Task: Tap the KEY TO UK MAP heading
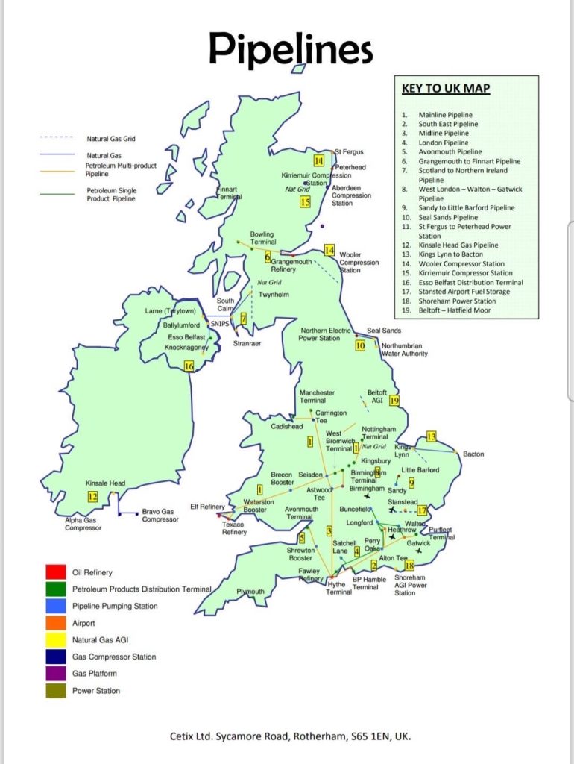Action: (x=446, y=88)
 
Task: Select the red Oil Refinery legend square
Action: (x=55, y=572)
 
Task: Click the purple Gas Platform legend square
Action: (x=55, y=673)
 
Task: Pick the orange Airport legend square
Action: (x=55, y=622)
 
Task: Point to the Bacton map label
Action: (x=473, y=454)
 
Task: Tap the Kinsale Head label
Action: (x=105, y=483)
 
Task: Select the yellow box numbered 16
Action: (x=189, y=366)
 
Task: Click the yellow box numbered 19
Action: (x=395, y=401)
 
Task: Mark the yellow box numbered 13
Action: (x=431, y=436)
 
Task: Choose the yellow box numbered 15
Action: (x=305, y=201)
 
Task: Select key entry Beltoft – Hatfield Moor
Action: (x=455, y=310)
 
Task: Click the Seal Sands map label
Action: (x=383, y=331)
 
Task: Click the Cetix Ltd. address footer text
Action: (x=290, y=736)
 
